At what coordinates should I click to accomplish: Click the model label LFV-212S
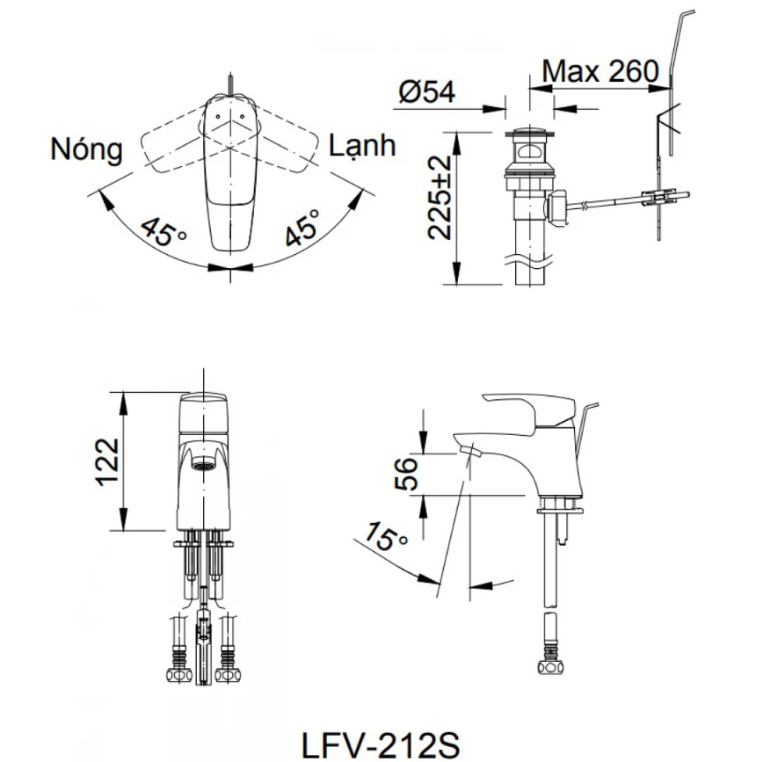[380, 744]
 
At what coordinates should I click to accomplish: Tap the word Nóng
[86, 149]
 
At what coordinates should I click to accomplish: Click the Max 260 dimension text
[599, 72]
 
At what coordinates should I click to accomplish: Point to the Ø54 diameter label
[426, 92]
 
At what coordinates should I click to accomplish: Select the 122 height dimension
[107, 461]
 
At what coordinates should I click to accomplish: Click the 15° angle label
[385, 537]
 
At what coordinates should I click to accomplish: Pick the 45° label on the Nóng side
[163, 231]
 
